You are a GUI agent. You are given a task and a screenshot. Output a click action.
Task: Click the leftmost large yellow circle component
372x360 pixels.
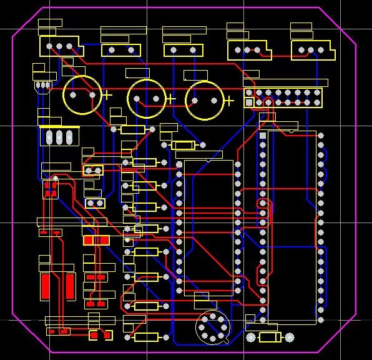[x=82, y=95]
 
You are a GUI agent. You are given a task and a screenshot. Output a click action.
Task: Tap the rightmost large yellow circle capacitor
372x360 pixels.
[x=204, y=100]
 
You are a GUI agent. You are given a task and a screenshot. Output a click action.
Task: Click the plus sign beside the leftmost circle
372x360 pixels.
[x=107, y=95]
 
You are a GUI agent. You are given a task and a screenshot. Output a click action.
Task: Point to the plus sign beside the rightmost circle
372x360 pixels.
[x=229, y=100]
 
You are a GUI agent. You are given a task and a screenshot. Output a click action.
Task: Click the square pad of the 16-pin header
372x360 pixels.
[x=249, y=102]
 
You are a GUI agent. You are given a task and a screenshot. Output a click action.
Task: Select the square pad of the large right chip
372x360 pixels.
[x=263, y=135]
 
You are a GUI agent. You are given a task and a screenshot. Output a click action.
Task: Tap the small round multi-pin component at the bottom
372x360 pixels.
[x=212, y=328]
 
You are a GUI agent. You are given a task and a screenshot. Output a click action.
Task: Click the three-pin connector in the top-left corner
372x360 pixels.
[x=59, y=46]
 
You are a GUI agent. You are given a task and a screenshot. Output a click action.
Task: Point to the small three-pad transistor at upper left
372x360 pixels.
[x=43, y=85]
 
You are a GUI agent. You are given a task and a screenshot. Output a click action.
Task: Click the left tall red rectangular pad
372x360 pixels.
[x=45, y=286]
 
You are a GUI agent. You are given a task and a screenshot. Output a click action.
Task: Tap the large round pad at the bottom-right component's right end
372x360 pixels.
[x=289, y=337]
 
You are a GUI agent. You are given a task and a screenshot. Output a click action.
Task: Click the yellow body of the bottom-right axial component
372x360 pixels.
[x=270, y=337]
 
